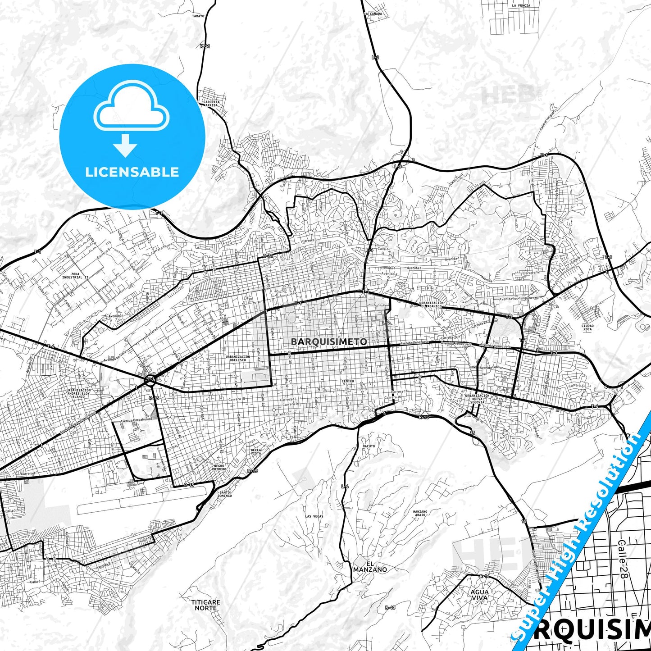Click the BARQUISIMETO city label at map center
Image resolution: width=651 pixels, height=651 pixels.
[x=329, y=341]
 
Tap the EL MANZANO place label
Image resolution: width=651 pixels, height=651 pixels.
[x=370, y=567]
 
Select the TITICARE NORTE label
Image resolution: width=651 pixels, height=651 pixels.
[x=206, y=605]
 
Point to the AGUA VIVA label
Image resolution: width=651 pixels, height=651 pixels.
[x=479, y=595]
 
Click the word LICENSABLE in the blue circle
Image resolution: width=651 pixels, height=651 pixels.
[x=132, y=172]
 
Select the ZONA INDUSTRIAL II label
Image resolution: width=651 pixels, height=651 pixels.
[x=75, y=276]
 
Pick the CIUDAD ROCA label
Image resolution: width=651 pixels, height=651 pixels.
[x=587, y=327]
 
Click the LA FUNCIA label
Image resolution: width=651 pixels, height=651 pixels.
[x=521, y=6]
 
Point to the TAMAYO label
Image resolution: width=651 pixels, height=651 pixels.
[x=198, y=16]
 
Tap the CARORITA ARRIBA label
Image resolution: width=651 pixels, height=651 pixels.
[x=212, y=103]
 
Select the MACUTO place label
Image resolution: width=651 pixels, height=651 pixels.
[x=369, y=446]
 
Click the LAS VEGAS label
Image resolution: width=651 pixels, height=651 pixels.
[x=314, y=516]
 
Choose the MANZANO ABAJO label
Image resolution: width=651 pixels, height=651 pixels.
[x=420, y=513]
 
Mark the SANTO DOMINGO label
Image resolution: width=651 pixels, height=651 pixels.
[x=225, y=494]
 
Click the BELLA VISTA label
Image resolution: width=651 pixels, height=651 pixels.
[x=256, y=451]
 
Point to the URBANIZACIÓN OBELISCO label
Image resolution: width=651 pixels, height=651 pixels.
[x=237, y=358]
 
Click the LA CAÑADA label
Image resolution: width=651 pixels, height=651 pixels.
[x=373, y=14]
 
